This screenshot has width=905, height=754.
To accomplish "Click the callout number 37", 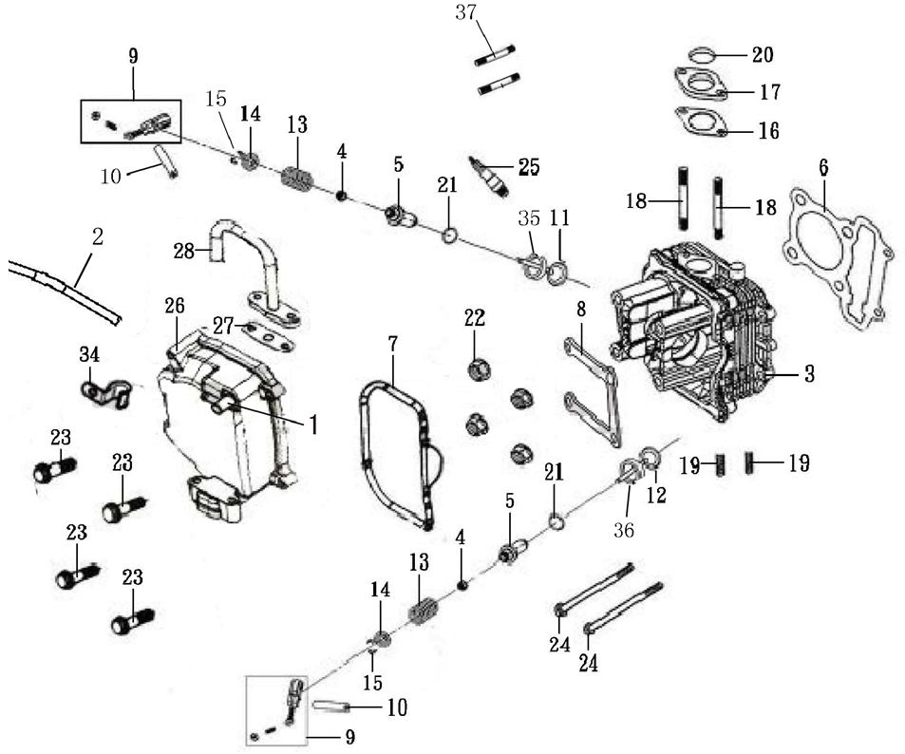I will click(x=465, y=14).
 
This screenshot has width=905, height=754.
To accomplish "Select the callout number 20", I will click(x=762, y=55).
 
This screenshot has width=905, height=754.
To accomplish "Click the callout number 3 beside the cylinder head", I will click(x=808, y=374).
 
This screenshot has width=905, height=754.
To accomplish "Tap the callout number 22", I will click(x=476, y=317).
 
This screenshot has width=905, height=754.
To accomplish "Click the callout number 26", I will click(x=174, y=306).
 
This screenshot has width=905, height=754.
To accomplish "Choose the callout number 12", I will click(x=656, y=495).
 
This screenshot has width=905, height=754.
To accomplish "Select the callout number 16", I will click(x=767, y=130).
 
